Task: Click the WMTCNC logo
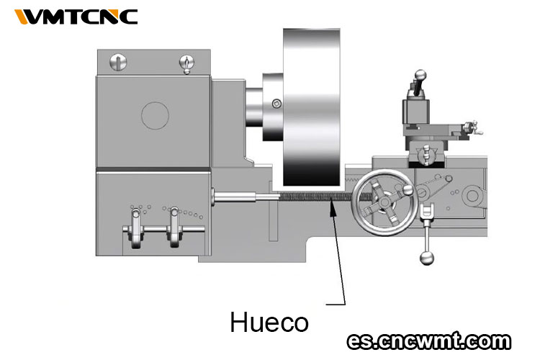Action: (x=76, y=17)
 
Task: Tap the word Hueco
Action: (x=269, y=322)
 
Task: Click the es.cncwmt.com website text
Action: (x=429, y=341)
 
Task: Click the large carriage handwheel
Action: (x=384, y=202)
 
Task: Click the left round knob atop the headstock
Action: (x=118, y=63)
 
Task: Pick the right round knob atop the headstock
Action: (x=186, y=63)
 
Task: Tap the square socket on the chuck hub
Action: (x=276, y=104)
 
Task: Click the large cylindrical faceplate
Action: (x=312, y=107)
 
